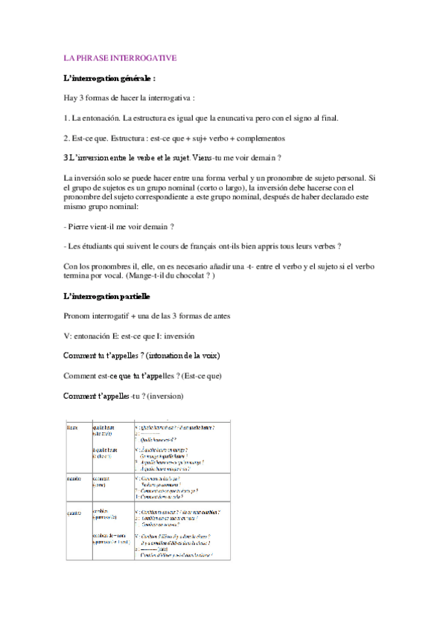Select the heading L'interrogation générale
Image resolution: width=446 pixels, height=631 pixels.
109,77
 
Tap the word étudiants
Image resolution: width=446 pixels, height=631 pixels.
101,246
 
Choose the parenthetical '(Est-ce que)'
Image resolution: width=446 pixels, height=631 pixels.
200,376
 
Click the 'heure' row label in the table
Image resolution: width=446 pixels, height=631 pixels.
72,428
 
